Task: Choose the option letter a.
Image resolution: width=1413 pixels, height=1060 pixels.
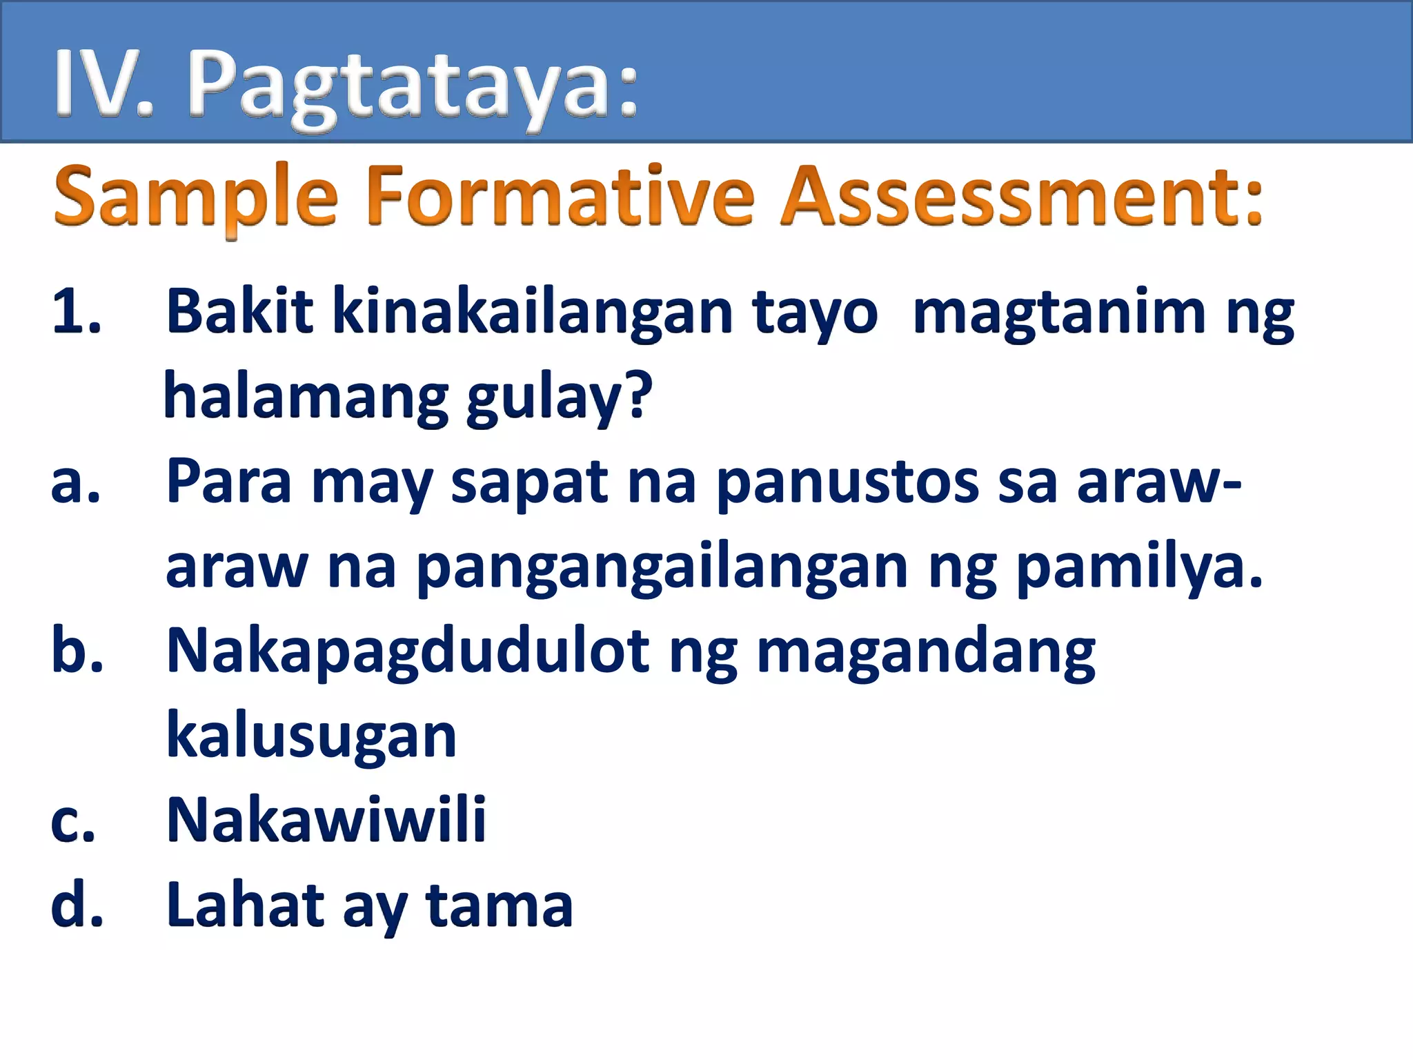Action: [x=75, y=483]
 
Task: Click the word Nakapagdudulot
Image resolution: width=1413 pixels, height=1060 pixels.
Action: [x=407, y=652]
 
